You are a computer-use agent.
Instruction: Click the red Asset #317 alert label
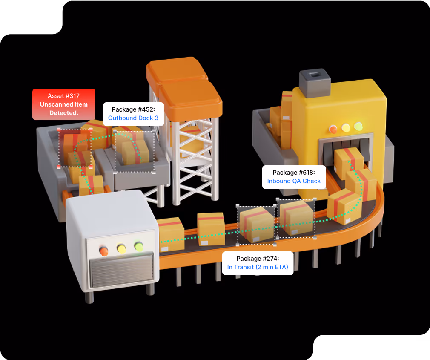click(64, 104)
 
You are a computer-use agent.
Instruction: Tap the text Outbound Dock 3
click(133, 118)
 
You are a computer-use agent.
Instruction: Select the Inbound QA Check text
click(294, 181)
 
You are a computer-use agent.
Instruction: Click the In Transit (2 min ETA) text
click(258, 267)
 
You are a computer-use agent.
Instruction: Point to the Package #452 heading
click(133, 109)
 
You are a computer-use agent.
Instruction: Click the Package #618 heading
click(294, 173)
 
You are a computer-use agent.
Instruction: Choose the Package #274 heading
click(258, 259)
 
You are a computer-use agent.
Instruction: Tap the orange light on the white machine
click(103, 251)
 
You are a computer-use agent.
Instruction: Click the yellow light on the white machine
click(121, 248)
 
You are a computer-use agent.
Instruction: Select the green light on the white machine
click(139, 246)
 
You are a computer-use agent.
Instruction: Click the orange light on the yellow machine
click(333, 129)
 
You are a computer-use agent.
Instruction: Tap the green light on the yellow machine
click(358, 126)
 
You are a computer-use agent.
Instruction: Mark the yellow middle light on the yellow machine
click(346, 127)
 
